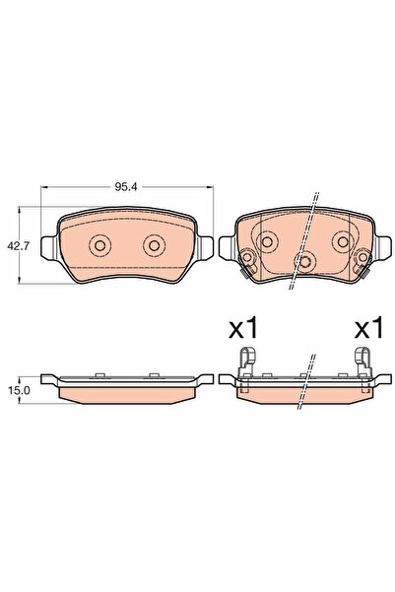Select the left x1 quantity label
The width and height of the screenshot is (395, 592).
tap(242, 328)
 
